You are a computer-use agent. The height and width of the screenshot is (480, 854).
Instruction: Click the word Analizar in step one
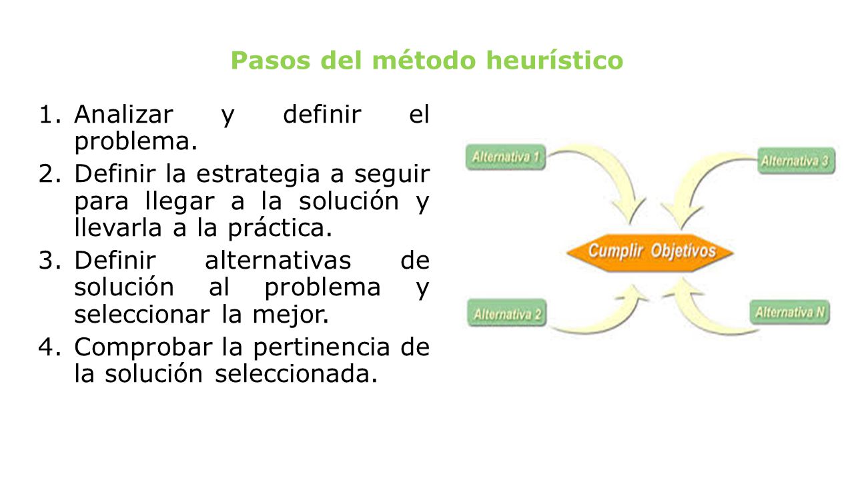click(x=123, y=115)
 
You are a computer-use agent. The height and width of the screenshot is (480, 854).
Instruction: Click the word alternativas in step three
click(x=278, y=260)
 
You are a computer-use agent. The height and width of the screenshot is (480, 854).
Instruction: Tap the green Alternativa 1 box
click(x=505, y=158)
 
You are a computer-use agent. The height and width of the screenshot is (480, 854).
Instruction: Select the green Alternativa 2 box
click(x=506, y=314)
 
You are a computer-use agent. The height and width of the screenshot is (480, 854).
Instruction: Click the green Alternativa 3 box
click(x=795, y=161)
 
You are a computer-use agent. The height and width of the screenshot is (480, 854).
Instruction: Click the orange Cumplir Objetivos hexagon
click(x=651, y=252)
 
